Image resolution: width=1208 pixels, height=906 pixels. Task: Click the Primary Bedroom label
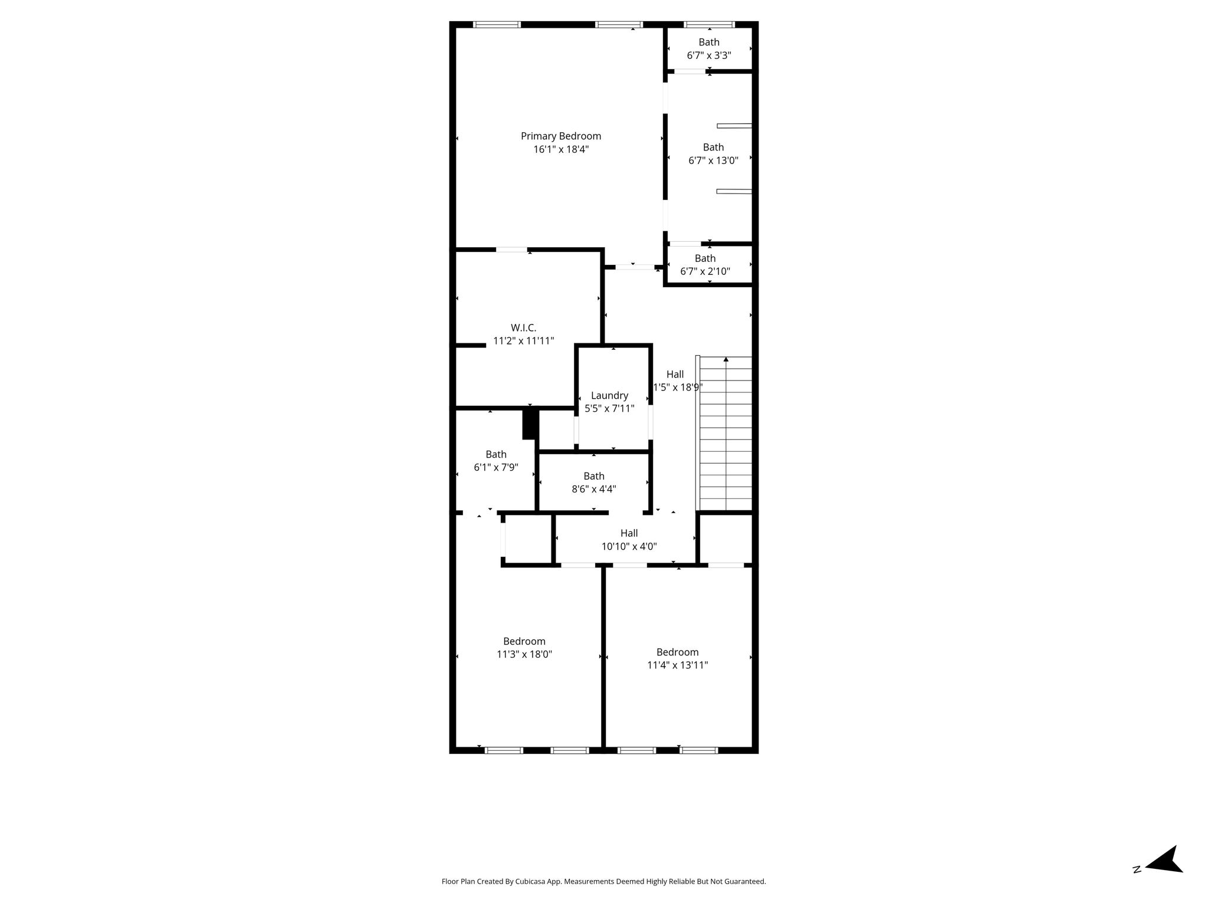(561, 136)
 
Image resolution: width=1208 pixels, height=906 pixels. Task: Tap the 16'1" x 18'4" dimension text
(561, 150)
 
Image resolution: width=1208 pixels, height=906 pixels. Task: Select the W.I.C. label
(523, 328)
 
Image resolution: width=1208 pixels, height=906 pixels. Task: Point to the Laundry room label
(609, 396)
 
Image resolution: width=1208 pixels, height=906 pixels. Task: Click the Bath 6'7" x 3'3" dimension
(709, 55)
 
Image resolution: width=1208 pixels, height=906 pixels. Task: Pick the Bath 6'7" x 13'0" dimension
(713, 160)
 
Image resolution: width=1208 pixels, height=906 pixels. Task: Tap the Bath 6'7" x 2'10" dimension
(705, 272)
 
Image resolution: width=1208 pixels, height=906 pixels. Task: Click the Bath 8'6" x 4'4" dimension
(594, 489)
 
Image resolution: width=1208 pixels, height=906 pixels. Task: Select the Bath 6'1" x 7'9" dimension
(496, 468)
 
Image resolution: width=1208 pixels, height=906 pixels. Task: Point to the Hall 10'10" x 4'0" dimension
(629, 547)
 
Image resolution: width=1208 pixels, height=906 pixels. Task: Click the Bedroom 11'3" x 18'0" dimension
(524, 654)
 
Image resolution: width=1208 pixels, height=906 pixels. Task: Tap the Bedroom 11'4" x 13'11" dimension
(677, 665)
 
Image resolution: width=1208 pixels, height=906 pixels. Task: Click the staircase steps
(726, 434)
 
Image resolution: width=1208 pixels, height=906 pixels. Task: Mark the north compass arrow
(1163, 875)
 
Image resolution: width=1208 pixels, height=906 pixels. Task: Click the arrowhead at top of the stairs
(726, 359)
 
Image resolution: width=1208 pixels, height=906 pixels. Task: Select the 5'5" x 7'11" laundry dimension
(609, 409)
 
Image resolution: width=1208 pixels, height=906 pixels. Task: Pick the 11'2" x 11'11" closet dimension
(523, 341)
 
